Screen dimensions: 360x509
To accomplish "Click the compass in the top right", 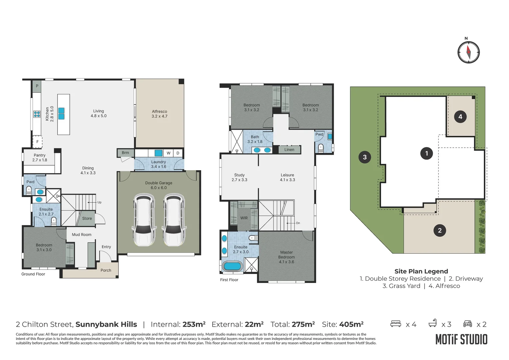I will coord(468,52).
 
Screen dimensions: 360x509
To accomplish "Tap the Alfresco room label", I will coord(159,114).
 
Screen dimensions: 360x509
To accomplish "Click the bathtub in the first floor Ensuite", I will coord(232,266).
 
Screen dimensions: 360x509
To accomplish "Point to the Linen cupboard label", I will coord(289,150).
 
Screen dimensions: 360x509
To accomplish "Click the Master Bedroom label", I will coord(286,257).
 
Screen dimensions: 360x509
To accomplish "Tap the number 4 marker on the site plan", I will coord(460,117).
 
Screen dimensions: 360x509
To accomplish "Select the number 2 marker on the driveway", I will coord(440,230).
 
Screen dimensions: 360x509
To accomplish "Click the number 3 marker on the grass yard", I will coord(365,157).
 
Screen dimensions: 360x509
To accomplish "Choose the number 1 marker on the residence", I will coord(426,153).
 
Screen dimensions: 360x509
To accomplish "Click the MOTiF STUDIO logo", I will coord(461,340).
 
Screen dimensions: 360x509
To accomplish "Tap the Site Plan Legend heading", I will coord(421,271).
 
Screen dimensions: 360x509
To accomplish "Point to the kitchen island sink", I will coord(61,114).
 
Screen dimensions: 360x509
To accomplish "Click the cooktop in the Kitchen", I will coord(37,114).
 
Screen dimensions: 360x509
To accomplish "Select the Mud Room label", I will coord(82,235).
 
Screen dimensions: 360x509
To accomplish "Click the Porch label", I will coord(106,270).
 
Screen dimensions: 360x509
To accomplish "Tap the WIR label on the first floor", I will coord(244,218).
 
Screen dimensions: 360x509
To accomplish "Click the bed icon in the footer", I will coord(395,324).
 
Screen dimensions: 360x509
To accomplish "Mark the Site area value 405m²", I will coord(351,324).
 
